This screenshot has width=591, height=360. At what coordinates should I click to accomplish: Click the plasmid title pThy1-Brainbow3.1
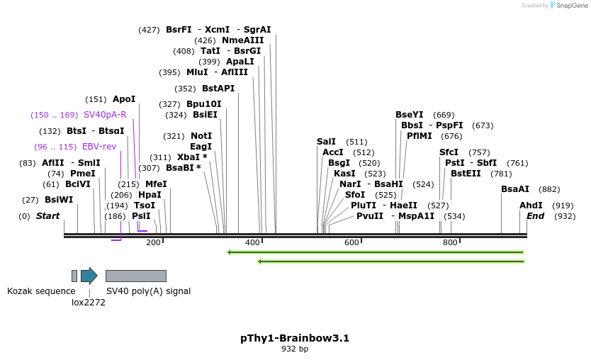[x=295, y=338]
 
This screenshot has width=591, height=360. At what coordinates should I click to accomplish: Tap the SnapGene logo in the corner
[x=569, y=6]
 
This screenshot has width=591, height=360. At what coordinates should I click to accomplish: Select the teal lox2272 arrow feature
[x=89, y=276]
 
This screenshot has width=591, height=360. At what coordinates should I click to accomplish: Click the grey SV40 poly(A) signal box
[x=135, y=276]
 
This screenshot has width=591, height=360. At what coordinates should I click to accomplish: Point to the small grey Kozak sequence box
[x=74, y=276]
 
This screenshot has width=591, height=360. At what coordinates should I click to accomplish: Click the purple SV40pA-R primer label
[x=105, y=115]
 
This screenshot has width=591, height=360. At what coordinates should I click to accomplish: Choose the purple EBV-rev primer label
[x=99, y=147]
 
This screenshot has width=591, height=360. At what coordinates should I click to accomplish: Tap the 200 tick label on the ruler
[x=153, y=243]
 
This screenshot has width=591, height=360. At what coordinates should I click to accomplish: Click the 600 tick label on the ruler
[x=351, y=243]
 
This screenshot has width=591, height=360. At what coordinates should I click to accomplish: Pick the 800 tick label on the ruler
[x=451, y=243]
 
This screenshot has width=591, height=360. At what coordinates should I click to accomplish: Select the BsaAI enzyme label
[x=515, y=189]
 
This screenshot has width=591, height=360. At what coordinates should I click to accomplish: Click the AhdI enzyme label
[x=531, y=206]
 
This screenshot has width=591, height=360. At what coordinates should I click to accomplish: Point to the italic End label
[x=535, y=216]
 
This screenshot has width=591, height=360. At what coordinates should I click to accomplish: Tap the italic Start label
[x=48, y=216]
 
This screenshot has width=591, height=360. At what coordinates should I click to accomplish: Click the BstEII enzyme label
[x=466, y=174]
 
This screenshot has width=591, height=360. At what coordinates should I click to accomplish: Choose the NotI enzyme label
[x=201, y=136]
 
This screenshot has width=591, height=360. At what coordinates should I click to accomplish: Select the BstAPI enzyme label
[x=218, y=89]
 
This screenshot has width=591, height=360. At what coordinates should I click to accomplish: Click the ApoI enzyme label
[x=124, y=99]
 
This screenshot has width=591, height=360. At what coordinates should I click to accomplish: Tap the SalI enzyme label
[x=326, y=142]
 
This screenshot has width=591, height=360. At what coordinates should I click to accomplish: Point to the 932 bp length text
[x=295, y=349]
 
